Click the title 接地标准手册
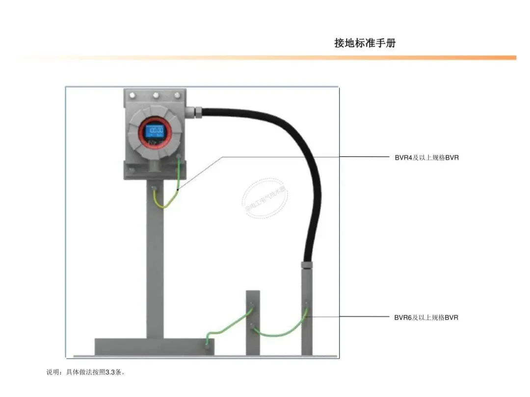(365, 43)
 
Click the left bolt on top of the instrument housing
(133, 95)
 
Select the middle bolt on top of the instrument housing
(155, 95)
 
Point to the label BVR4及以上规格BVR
(426, 158)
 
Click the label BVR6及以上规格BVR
(426, 318)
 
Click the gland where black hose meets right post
(307, 265)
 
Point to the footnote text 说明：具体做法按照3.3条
(86, 372)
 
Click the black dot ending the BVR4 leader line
(177, 189)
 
